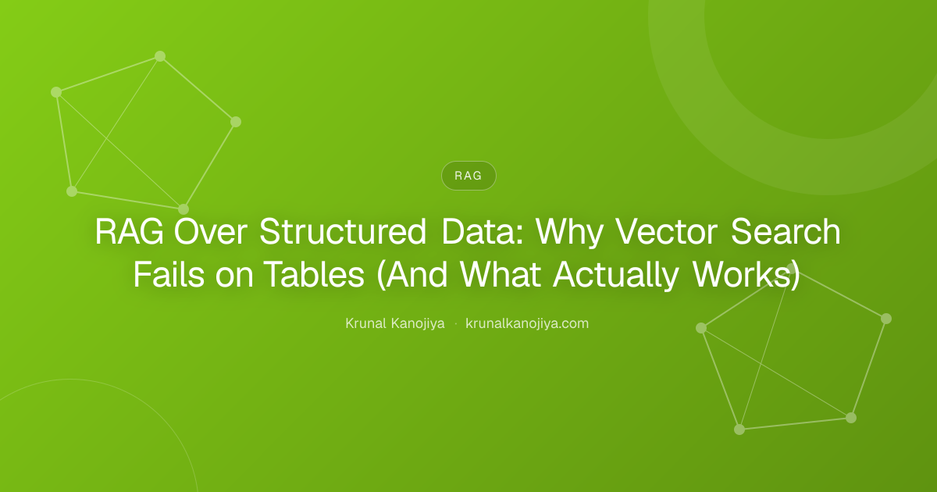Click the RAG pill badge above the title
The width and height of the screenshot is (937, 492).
[x=468, y=176]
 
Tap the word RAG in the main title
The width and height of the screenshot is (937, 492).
[x=130, y=231]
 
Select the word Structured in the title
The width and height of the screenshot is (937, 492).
[x=343, y=231]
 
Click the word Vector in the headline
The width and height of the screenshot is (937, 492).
[x=667, y=231]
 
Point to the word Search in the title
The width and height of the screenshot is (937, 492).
[x=786, y=231]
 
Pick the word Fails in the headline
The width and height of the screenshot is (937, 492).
[x=169, y=274]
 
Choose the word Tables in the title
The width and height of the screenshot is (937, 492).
[x=314, y=274]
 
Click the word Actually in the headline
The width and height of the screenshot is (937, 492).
[x=615, y=275]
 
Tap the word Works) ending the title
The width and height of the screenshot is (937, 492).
[x=746, y=275]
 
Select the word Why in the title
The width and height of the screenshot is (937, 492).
[x=569, y=233]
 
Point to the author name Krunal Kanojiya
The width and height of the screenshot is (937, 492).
[x=395, y=324]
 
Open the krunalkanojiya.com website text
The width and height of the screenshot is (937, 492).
[x=527, y=324]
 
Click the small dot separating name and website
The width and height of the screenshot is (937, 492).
[x=455, y=324]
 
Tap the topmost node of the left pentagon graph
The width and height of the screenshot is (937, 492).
[x=160, y=56]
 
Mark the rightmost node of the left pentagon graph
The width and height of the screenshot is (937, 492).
[x=236, y=122]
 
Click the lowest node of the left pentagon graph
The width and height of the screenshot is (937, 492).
[x=183, y=209]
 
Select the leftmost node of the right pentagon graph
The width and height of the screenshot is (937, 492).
[x=701, y=328]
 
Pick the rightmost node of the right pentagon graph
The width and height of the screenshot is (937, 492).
[x=886, y=319]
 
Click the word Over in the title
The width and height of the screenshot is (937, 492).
[x=211, y=231]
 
